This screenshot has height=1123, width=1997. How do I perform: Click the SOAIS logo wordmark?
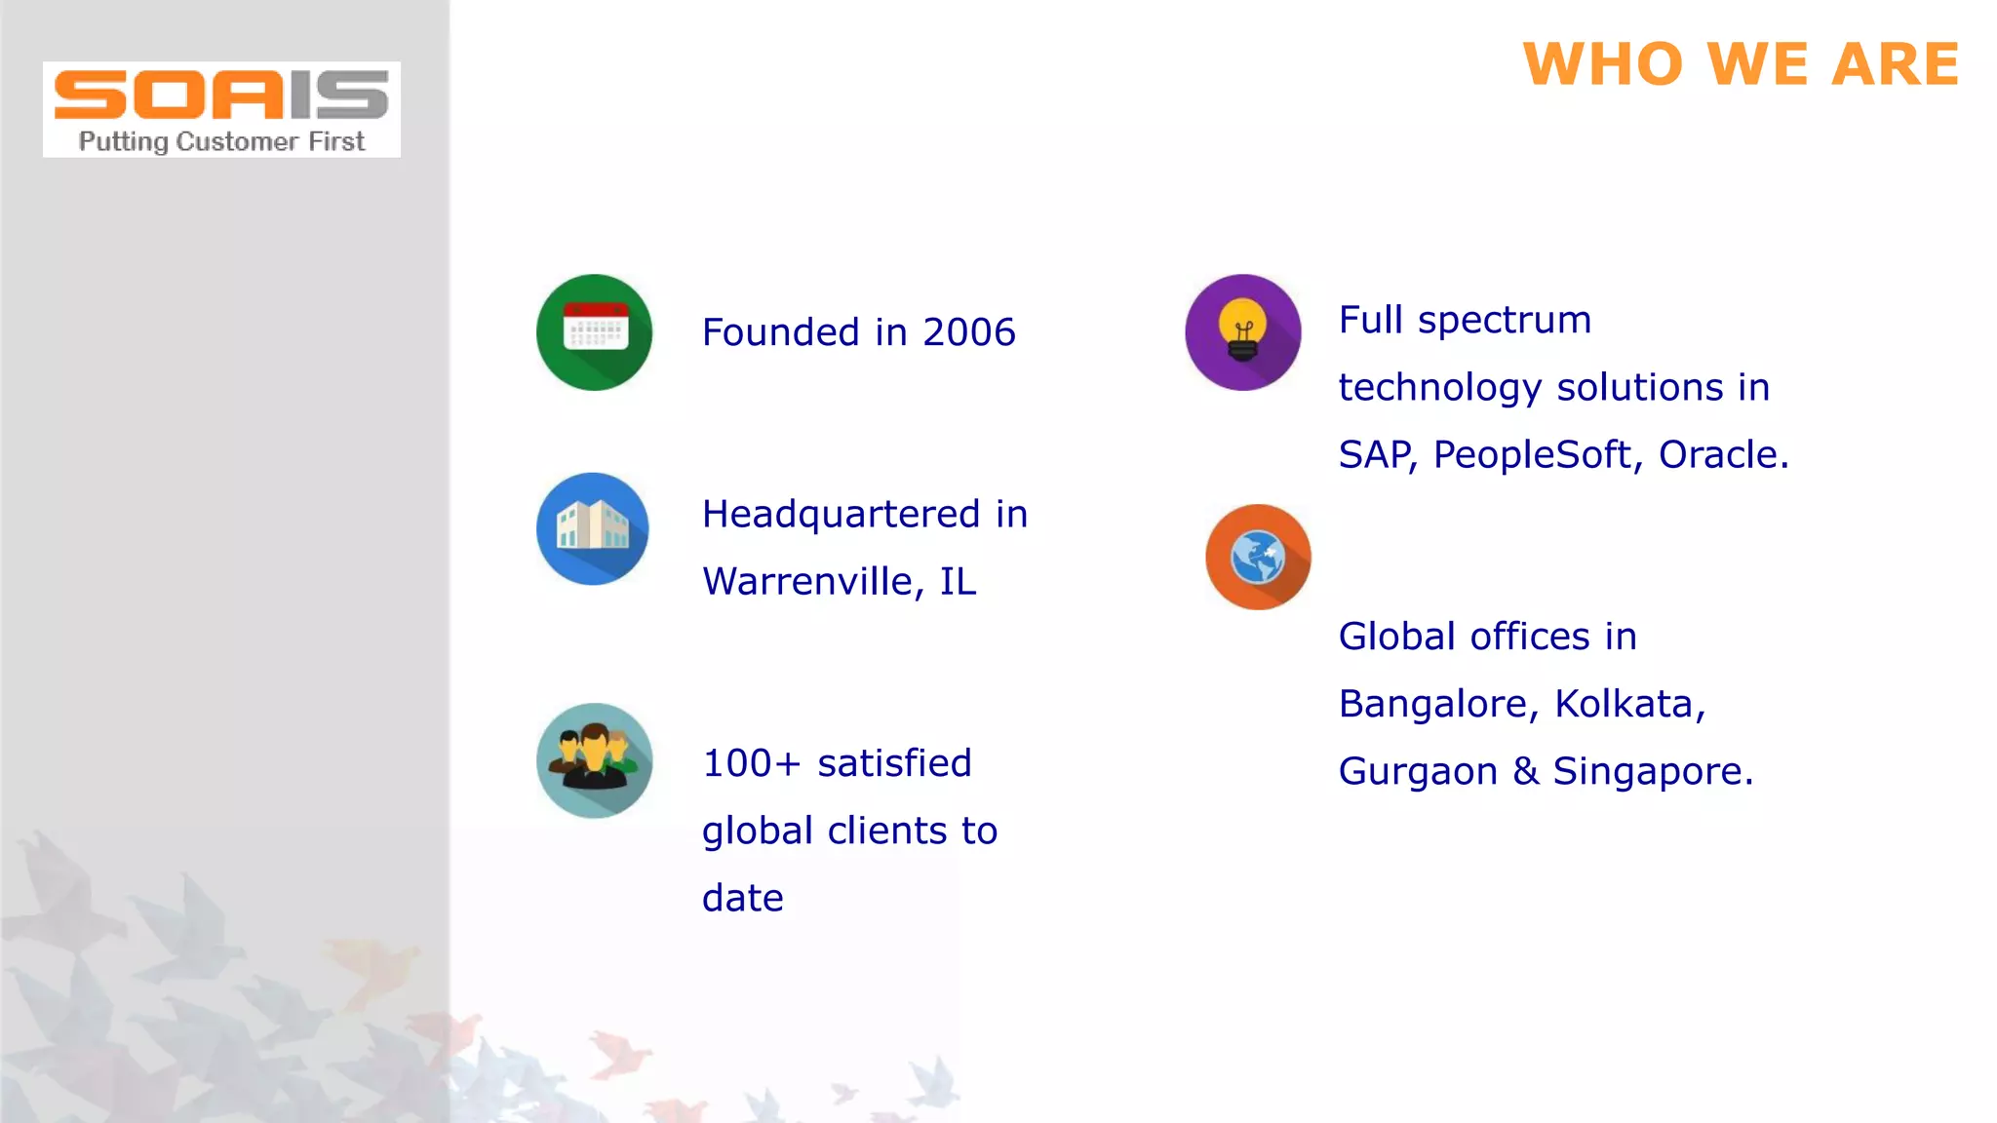(221, 95)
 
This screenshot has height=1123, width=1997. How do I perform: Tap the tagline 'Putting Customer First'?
(221, 142)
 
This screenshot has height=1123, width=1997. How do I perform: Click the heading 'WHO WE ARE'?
(1741, 64)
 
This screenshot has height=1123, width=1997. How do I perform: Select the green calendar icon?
(594, 332)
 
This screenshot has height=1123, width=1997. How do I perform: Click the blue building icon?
(593, 529)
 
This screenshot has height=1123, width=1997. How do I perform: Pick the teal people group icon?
(594, 760)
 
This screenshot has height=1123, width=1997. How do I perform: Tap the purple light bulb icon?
(1242, 332)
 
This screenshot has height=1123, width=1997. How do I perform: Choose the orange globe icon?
(1258, 557)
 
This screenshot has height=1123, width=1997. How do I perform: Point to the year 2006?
(969, 332)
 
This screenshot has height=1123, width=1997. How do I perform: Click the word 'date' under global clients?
(742, 898)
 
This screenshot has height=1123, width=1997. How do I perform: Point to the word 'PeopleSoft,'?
(1538, 455)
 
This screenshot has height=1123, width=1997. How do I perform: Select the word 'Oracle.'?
(1723, 455)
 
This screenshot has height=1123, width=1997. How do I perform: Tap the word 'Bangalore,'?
(1437, 704)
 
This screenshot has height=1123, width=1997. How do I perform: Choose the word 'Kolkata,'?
(1629, 704)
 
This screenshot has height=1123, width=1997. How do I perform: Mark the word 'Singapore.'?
(1653, 772)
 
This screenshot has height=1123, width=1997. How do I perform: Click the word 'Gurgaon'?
(1417, 772)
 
